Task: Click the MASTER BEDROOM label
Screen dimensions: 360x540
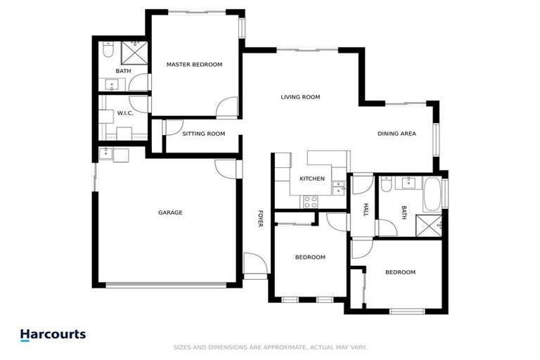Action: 194,65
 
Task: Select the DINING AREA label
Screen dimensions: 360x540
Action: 397,134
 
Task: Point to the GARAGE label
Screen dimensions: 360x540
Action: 170,212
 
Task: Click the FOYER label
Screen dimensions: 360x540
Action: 259,218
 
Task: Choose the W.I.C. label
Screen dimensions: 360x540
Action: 125,113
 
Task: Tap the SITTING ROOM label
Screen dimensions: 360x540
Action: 203,134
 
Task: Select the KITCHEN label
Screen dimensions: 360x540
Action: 312,179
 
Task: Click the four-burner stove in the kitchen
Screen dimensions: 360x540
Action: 311,201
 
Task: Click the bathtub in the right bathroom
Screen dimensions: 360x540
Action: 432,194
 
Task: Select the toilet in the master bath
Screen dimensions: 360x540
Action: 106,51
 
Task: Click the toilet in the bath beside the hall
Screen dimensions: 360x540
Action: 386,186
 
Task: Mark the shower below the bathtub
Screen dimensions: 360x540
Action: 430,225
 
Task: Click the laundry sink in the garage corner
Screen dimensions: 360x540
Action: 107,154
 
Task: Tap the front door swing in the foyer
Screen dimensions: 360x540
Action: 254,264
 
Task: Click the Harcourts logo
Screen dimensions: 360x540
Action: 53,335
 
